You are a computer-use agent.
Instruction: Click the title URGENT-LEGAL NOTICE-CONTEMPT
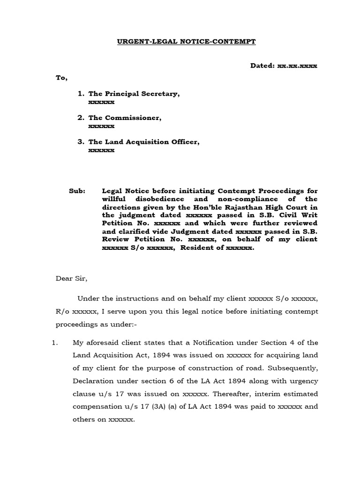(186, 42)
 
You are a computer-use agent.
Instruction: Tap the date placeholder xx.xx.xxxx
(297, 66)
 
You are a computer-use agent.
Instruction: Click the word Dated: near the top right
(262, 66)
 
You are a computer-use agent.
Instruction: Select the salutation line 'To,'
(62, 78)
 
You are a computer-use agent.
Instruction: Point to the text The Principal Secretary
(134, 94)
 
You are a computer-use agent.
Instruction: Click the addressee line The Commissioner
(125, 118)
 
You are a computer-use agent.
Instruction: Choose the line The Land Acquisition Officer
(144, 142)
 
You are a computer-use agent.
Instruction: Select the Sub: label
(77, 191)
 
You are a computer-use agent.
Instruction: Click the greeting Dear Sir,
(72, 278)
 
